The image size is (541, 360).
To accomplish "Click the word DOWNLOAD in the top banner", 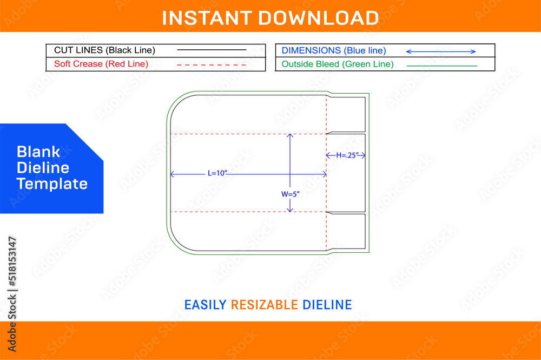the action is (319, 18).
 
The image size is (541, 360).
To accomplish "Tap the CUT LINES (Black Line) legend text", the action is (104, 50).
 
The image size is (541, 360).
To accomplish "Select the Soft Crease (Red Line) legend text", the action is (101, 64).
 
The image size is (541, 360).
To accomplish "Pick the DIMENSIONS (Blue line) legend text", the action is (334, 51).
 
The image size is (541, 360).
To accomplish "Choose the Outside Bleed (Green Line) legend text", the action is (338, 64).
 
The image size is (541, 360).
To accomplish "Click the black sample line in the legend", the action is (212, 50).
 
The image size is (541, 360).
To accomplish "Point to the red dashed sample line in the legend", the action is (211, 65).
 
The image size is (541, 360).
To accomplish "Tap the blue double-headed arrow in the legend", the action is (441, 52).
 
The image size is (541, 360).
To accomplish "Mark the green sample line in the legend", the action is (442, 66).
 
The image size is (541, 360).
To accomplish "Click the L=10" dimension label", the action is (217, 173).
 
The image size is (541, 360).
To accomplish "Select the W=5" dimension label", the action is (290, 194).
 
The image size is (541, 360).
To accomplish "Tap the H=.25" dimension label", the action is (347, 155).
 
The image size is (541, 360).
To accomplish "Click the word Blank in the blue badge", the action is (38, 152).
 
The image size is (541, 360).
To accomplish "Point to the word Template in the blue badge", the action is (52, 184).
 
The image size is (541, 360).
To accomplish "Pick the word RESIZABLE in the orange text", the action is (265, 305).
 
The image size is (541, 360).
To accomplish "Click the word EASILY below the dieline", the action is (205, 305).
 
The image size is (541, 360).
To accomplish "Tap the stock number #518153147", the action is (12, 261).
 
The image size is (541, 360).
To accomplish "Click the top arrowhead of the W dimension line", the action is (290, 136).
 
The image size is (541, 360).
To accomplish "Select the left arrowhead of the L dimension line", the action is (172, 174).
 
